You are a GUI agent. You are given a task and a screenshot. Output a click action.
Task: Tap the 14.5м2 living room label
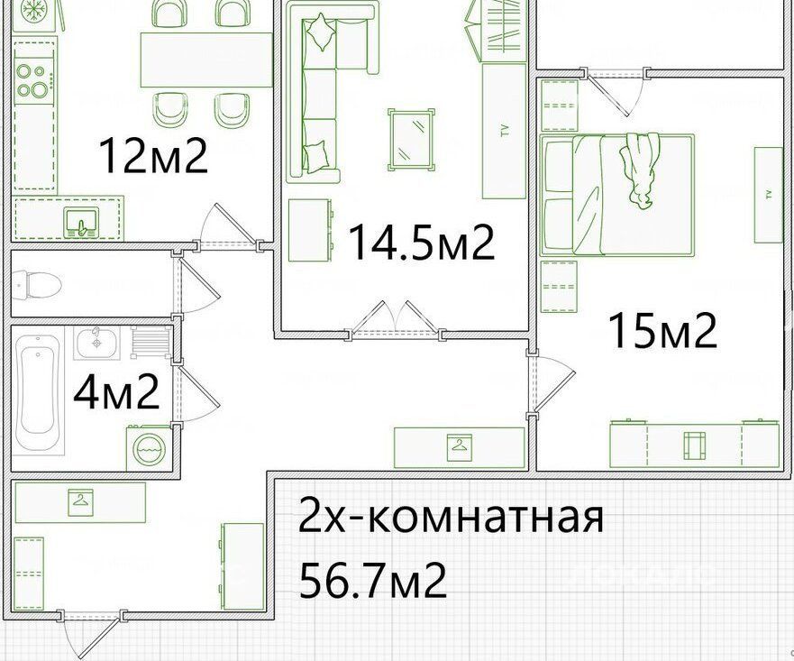(x=421, y=243)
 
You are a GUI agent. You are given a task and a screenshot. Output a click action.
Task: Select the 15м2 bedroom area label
(x=662, y=330)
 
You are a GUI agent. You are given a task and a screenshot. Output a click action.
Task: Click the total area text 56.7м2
(x=373, y=581)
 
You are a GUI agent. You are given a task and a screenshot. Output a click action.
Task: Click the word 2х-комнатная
(x=452, y=516)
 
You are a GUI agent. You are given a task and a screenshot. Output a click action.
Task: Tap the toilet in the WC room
(x=36, y=284)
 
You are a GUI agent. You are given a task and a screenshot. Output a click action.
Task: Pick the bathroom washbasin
(x=96, y=343)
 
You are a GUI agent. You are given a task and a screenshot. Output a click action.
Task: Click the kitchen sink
(x=81, y=222)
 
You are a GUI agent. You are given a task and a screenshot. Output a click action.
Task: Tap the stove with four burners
(x=33, y=79)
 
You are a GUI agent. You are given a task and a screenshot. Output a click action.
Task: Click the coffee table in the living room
(x=411, y=139)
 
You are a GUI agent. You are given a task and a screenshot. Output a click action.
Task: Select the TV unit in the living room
(x=504, y=131)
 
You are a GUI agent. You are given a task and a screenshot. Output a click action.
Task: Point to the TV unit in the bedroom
(x=768, y=195)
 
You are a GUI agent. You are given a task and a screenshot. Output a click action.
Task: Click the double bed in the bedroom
(x=616, y=194)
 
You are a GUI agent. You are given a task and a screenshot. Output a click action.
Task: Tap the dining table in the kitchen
(x=206, y=60)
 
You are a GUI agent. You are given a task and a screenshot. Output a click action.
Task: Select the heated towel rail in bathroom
(x=151, y=342)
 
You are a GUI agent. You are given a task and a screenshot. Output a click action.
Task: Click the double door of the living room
(x=395, y=319)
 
